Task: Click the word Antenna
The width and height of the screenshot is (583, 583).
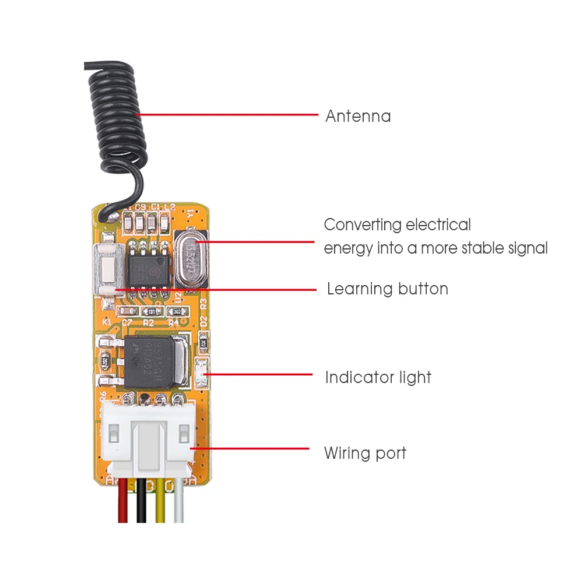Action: [358, 116]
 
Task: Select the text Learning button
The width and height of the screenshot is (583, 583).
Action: [387, 289]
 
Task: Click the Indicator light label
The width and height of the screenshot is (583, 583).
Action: [378, 377]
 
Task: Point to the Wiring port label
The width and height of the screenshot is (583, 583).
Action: [365, 453]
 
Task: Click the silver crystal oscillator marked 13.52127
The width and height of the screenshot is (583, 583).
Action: [190, 257]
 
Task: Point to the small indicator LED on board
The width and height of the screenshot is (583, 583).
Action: [202, 372]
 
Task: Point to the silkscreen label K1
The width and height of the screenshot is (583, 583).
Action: [107, 321]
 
